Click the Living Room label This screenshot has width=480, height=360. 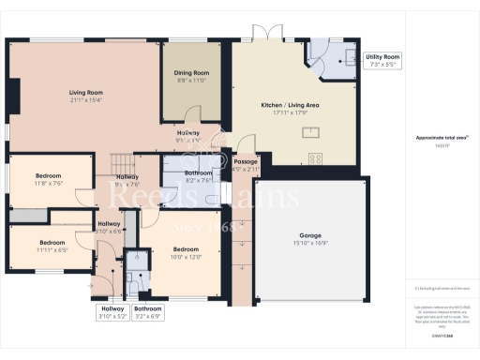coord(84,92)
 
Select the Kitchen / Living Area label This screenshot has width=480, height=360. coord(290,105)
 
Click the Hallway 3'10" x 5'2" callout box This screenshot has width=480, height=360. coord(111,312)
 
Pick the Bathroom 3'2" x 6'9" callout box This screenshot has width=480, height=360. coord(148,312)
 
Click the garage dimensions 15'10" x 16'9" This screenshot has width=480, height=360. coord(308,244)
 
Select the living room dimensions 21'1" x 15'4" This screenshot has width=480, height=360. coord(84,98)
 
